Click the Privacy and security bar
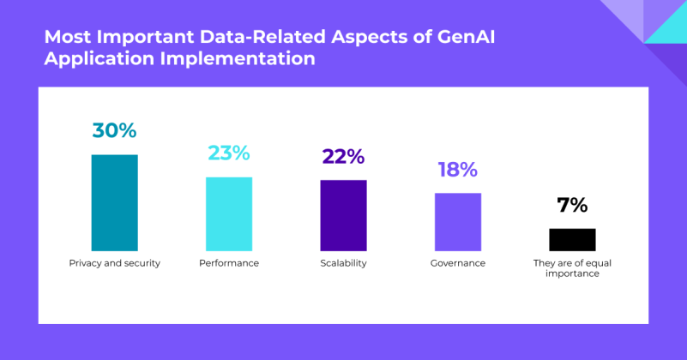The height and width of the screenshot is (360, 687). click(x=115, y=202)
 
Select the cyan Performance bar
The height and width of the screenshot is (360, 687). click(x=229, y=213)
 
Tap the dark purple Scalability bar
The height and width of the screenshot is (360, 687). click(x=343, y=215)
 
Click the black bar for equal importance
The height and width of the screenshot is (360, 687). click(x=572, y=239)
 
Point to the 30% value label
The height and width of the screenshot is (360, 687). click(x=115, y=131)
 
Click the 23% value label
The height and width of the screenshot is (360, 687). click(x=229, y=153)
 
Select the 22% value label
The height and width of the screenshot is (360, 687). click(x=343, y=156)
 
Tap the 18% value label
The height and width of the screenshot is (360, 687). click(x=457, y=170)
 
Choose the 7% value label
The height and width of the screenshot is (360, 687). click(x=572, y=205)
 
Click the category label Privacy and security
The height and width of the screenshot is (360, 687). click(x=115, y=263)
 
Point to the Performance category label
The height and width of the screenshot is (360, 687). click(x=229, y=263)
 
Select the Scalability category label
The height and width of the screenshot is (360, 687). click(x=343, y=263)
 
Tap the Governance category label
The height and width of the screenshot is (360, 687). click(x=457, y=263)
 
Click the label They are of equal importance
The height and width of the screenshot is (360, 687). click(x=572, y=268)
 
